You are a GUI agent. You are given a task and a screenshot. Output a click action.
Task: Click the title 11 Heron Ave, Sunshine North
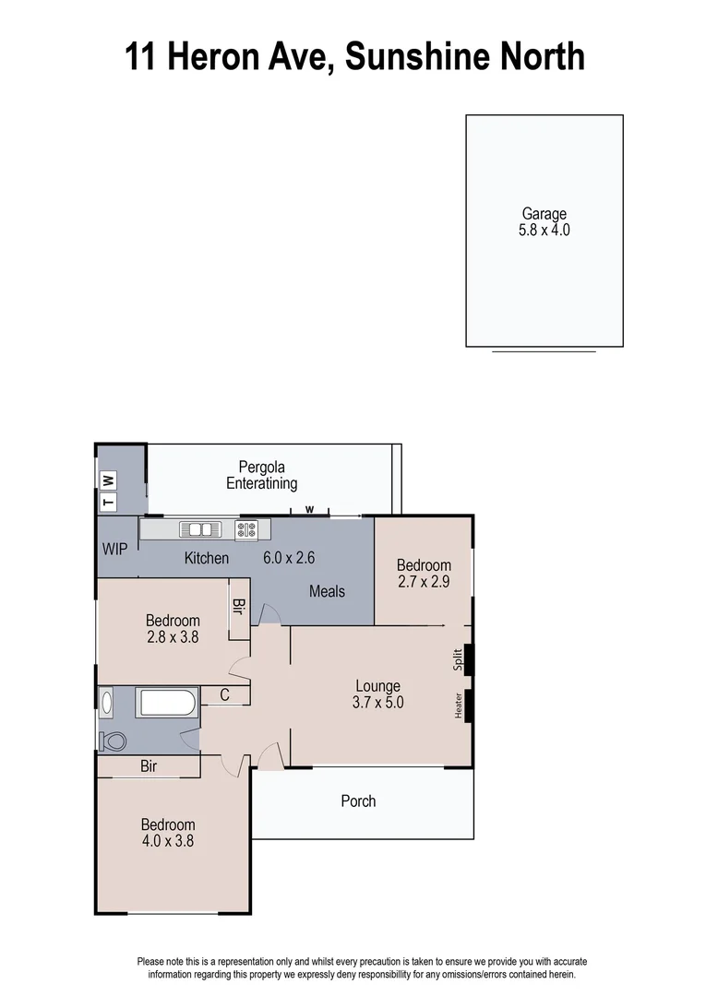coord(354,56)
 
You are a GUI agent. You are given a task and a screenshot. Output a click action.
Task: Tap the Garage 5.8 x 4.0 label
coord(544,222)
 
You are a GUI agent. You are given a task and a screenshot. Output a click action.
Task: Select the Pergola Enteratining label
coord(262,475)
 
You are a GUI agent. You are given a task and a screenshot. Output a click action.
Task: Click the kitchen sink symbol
coord(200,529)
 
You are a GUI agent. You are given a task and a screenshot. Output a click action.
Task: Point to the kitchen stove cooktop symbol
coord(246,529)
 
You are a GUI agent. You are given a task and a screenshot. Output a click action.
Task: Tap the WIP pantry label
coord(115,550)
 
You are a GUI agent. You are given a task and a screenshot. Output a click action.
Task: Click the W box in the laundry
coord(108,480)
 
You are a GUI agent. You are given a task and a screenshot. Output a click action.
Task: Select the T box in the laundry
coord(108,503)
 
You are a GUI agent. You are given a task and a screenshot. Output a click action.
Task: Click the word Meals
coord(327,590)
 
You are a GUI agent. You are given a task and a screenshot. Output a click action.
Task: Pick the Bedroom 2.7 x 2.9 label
coord(424,574)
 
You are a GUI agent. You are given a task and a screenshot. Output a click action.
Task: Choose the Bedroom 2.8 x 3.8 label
coord(173,628)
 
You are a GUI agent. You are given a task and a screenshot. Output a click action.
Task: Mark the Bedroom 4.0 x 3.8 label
coord(167,833)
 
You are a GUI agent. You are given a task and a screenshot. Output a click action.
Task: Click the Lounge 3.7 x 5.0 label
coord(378,694)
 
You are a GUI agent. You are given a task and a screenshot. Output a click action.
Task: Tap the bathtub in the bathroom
coord(166,703)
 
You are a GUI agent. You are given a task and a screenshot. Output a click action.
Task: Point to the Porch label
coord(358,801)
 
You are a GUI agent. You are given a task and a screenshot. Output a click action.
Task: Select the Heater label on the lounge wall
coord(459,705)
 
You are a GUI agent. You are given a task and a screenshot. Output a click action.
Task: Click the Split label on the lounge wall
coord(458,659)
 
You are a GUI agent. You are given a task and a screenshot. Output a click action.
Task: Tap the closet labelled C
coord(224,696)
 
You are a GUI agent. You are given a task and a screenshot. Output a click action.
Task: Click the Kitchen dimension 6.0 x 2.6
coord(290,558)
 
